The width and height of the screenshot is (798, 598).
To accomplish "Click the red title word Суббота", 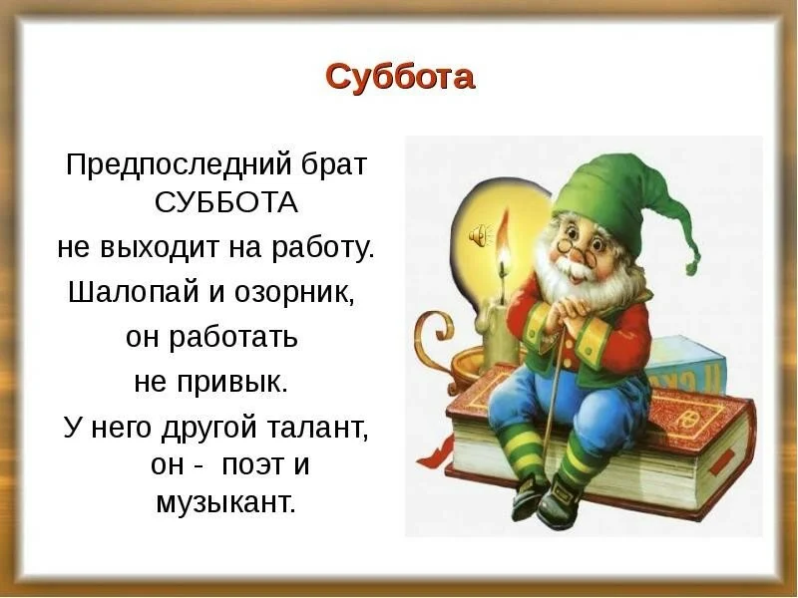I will point(399,77).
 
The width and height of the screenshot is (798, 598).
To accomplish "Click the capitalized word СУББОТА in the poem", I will point(227,203).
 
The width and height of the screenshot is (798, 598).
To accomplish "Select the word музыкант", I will point(226,502).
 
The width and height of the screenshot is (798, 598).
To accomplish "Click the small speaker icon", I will point(481,235).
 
